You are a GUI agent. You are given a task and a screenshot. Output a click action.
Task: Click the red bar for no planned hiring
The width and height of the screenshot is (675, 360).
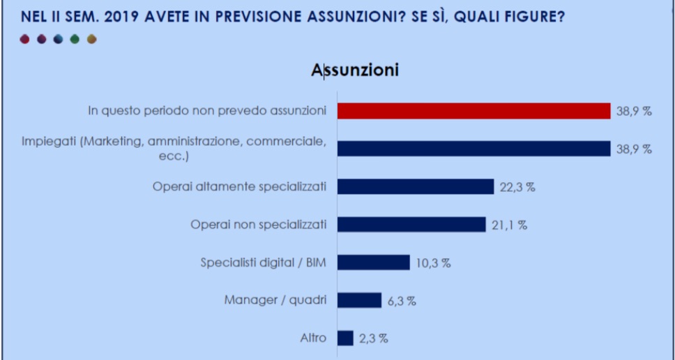[x=474, y=111]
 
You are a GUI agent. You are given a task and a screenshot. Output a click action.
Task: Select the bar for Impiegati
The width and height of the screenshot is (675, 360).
[x=474, y=149]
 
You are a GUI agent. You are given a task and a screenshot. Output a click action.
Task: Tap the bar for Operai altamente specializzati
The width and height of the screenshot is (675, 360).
[x=416, y=186]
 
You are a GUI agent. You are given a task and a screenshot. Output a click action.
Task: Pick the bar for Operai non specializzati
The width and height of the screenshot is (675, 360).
[x=411, y=224]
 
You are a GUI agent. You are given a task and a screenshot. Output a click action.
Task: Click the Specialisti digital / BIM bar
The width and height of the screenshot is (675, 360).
[x=373, y=262]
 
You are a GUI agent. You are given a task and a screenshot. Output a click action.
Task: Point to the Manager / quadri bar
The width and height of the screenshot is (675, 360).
[x=359, y=300]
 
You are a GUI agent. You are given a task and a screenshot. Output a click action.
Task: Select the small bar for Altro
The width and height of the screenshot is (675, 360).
[x=345, y=338]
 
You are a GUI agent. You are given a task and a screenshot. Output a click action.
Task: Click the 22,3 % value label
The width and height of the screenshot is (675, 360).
[x=518, y=187]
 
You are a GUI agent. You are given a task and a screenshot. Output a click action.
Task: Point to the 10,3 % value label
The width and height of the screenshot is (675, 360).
[x=434, y=263]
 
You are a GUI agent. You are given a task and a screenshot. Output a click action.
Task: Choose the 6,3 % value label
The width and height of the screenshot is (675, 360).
[x=402, y=301]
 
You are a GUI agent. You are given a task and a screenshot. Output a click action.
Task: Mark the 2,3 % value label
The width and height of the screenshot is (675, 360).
[x=374, y=338]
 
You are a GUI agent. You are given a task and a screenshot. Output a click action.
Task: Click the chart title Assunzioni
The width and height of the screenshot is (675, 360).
[x=355, y=70]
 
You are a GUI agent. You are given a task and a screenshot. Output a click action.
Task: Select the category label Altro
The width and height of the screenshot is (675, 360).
[x=313, y=338]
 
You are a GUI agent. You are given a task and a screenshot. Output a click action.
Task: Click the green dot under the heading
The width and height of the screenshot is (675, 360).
[x=75, y=39]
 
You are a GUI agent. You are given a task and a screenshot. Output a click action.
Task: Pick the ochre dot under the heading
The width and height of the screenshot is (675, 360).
[x=91, y=39]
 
